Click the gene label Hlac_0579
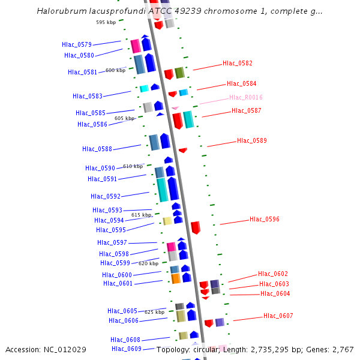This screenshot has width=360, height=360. tap(77, 44)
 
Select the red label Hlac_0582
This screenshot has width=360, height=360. tap(238, 63)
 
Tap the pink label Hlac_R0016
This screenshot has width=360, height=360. tap(246, 97)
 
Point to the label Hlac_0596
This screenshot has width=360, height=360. tap(265, 220)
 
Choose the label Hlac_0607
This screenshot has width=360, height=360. tap(278, 316)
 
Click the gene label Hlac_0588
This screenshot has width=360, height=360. tap(97, 149)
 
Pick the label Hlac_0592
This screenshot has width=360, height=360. tap(106, 196)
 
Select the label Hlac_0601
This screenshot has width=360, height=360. tap(118, 283)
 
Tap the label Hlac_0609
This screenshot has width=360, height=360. tap(127, 349)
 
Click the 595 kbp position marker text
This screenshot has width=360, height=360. tap(106, 22)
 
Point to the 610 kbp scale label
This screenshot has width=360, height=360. tap(133, 166)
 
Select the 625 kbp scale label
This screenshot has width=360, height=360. tap(155, 312)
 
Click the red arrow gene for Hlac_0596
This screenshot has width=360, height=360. tap(196, 227)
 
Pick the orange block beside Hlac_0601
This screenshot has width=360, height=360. tap(176, 278)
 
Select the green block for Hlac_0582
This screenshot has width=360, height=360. tap(179, 73)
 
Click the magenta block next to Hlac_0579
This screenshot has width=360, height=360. tap(136, 46)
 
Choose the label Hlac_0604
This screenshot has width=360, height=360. tap(275, 293)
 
